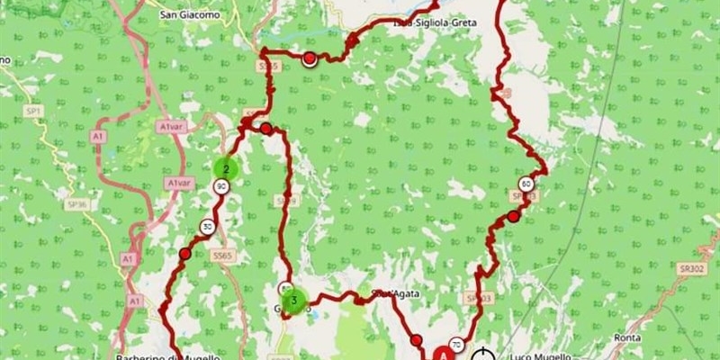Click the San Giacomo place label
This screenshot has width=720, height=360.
click(x=190, y=14)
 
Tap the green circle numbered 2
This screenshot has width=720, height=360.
click(x=225, y=167)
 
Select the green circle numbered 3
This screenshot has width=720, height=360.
click(x=293, y=301)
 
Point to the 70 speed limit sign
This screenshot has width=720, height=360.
click(x=457, y=345)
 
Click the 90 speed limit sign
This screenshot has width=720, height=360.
click(x=220, y=186)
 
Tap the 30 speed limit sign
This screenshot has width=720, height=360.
click(x=208, y=226)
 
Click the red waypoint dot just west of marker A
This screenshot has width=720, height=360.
click(x=416, y=340)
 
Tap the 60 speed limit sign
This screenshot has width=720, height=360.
click(x=526, y=184)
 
